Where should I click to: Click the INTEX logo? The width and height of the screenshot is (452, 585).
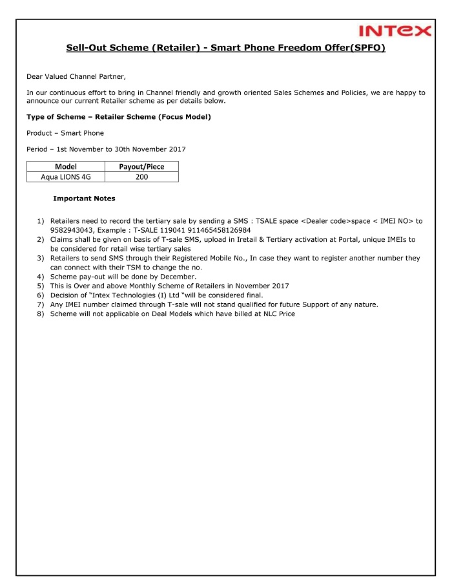(x=395, y=30)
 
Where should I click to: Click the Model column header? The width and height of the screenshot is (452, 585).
(x=66, y=167)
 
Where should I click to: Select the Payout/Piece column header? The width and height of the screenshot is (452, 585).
(x=141, y=167)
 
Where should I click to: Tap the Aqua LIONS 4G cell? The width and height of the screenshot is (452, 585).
(x=66, y=176)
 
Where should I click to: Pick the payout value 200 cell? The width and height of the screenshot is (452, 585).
(x=141, y=176)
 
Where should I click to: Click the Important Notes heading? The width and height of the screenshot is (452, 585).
(x=84, y=198)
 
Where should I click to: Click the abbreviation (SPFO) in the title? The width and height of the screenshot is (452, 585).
(x=367, y=48)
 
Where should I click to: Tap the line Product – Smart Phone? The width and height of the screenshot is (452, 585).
(x=65, y=133)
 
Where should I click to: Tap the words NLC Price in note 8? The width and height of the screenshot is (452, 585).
(x=278, y=314)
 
